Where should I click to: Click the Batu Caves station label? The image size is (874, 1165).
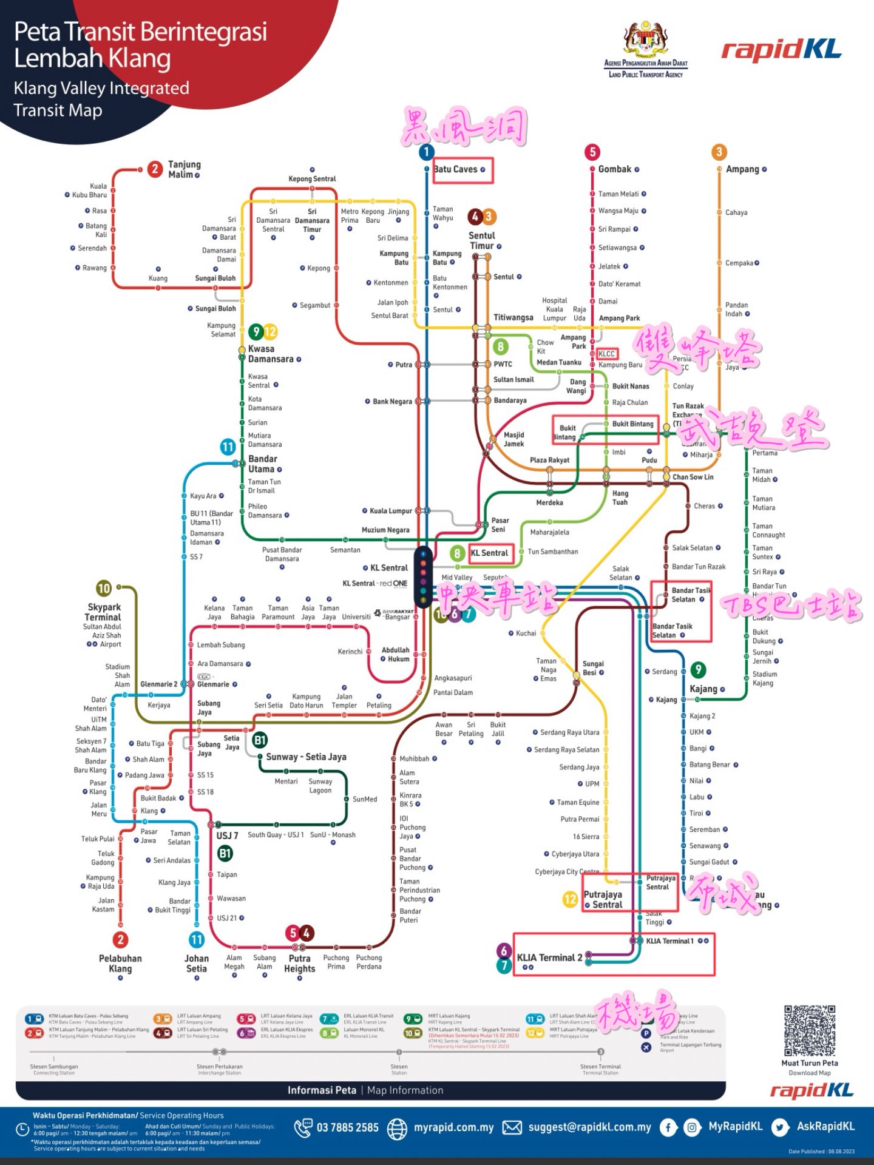(456, 169)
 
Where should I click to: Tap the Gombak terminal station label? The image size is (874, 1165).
(615, 169)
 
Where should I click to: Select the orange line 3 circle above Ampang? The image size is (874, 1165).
(719, 152)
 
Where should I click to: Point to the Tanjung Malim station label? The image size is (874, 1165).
(184, 169)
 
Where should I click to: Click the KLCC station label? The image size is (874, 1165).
(606, 354)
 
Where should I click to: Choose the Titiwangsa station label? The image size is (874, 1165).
(513, 317)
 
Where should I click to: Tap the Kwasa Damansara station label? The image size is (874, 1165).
(271, 354)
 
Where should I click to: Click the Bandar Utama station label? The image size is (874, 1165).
(263, 464)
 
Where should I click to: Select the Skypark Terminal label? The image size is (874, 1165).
(103, 612)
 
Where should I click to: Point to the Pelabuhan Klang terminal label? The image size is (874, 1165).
(120, 964)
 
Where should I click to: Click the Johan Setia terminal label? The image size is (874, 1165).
(197, 964)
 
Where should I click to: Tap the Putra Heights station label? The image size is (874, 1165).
(300, 964)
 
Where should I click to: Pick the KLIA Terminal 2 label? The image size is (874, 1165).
(549, 957)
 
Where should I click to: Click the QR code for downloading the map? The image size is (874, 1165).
(810, 1031)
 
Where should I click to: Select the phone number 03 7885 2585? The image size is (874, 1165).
(347, 1128)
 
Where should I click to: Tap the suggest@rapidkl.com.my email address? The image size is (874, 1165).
(589, 1127)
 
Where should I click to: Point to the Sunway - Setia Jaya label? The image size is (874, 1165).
(306, 757)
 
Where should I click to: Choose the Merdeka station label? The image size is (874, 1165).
(549, 503)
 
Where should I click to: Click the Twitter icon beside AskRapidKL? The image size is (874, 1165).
(780, 1127)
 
